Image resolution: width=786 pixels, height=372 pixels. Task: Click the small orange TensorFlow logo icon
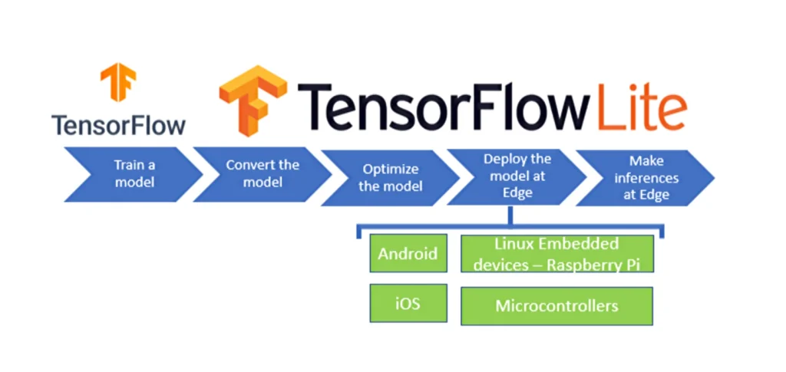coord(117,83)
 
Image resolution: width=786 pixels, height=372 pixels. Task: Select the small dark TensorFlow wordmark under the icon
coord(118,124)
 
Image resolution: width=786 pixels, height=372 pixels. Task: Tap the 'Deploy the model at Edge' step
coord(517,176)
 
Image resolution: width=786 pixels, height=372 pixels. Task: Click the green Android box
coord(408,254)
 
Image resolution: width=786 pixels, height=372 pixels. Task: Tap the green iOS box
coord(408,303)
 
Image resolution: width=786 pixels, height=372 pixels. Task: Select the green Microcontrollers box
coord(556,306)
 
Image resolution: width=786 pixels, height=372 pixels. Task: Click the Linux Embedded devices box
coord(556,254)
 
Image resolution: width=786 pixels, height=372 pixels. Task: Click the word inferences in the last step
coord(646,178)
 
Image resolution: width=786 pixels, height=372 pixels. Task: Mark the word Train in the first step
coord(124,164)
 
